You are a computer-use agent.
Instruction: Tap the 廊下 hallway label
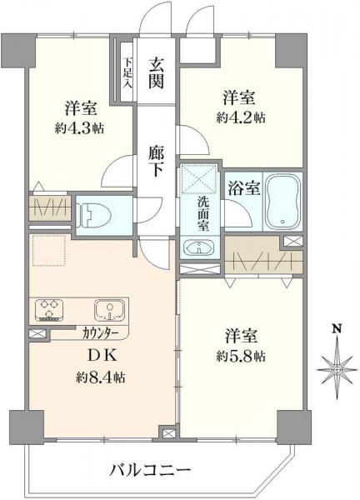point(156,160)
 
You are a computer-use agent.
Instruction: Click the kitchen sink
point(109,312)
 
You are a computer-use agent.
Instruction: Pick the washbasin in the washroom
point(199,248)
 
